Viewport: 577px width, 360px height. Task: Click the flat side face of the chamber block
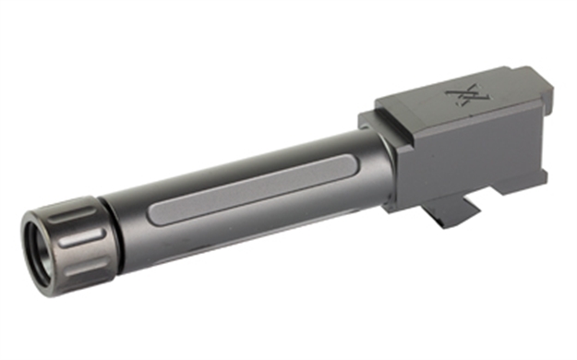coord(462,148)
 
